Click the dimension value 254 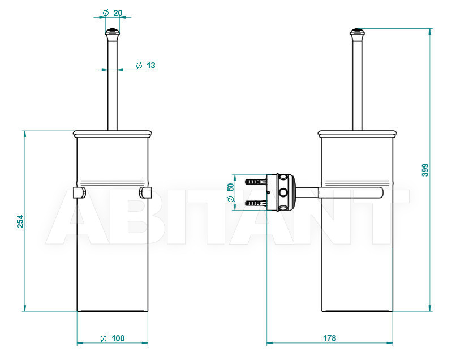[x=20, y=221]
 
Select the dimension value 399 [x=425, y=170]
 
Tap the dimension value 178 [x=329, y=338]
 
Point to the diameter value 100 [x=118, y=338]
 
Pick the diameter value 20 [x=118, y=13]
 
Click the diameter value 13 [x=151, y=66]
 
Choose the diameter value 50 [x=230, y=187]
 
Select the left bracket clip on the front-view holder [x=79, y=192]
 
